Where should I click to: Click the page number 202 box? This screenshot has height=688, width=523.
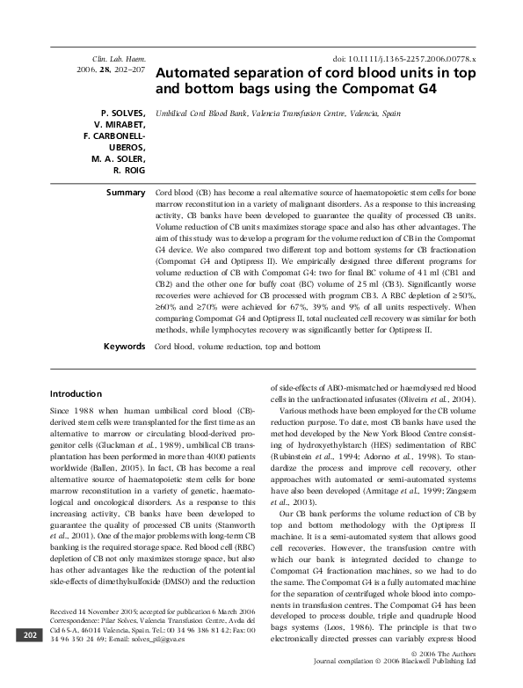coord(28,660)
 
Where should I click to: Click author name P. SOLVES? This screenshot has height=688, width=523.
coord(122,113)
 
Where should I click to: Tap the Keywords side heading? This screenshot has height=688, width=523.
coord(123,347)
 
